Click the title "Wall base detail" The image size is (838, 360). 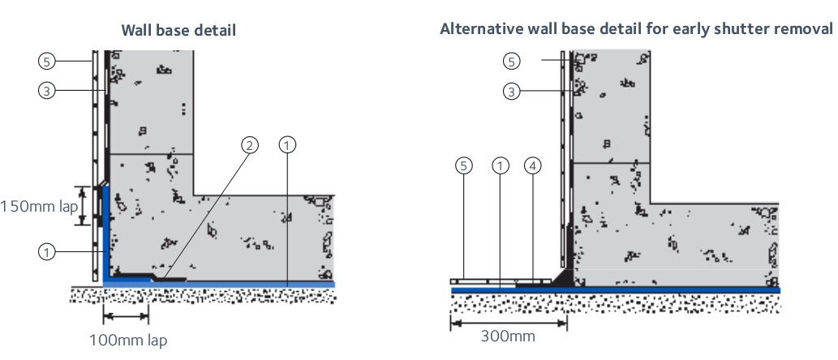[178, 31]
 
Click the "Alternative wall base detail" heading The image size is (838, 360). [636, 29]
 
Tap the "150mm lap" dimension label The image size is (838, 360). [38, 206]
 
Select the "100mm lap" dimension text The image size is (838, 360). [128, 340]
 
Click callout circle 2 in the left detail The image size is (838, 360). [250, 145]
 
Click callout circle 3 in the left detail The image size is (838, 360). [48, 91]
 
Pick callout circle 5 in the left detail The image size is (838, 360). [48, 60]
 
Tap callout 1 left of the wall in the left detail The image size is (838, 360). [48, 251]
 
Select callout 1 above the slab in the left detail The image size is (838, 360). [287, 145]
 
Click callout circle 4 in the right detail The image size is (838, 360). [533, 166]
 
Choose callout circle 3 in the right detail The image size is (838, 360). [511, 91]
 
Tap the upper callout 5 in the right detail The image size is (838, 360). [511, 61]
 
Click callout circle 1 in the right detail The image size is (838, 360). [501, 166]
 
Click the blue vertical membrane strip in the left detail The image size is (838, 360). [105, 235]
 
